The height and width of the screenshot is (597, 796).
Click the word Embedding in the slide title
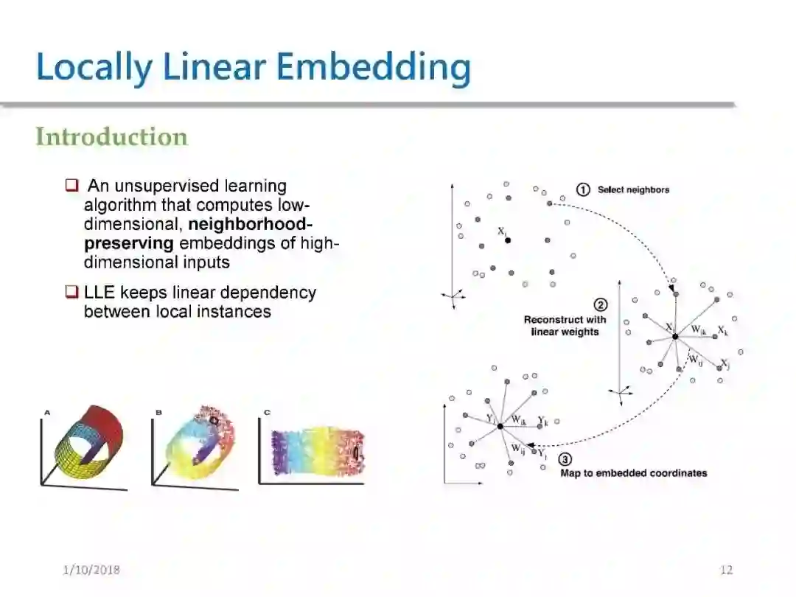(x=376, y=67)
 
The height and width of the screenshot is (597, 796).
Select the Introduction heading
(x=112, y=137)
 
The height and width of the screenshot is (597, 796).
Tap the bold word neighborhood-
(x=251, y=223)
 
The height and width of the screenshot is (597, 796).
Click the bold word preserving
(x=129, y=242)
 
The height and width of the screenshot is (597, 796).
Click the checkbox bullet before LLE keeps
(x=71, y=293)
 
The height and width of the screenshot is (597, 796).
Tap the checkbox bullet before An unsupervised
(x=71, y=184)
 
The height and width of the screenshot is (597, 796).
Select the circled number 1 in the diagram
(x=583, y=190)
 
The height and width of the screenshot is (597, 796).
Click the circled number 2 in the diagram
(x=601, y=305)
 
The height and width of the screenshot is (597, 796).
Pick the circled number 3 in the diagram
(x=565, y=458)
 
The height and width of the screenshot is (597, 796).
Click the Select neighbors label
(x=633, y=190)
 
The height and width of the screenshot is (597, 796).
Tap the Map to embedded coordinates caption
(x=633, y=473)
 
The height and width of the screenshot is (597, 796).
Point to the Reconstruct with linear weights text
(x=565, y=326)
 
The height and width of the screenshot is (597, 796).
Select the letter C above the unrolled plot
(x=267, y=413)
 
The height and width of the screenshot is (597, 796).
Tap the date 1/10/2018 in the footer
(x=91, y=570)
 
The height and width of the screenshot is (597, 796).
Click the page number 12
(x=726, y=570)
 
